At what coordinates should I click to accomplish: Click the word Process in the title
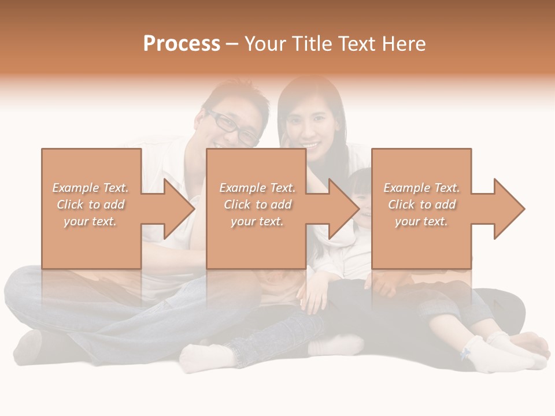182,44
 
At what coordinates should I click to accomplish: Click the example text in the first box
91,205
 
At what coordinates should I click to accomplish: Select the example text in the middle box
257,205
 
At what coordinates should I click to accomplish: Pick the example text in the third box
421,205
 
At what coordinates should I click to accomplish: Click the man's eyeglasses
234,129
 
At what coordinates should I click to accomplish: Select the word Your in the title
265,44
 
